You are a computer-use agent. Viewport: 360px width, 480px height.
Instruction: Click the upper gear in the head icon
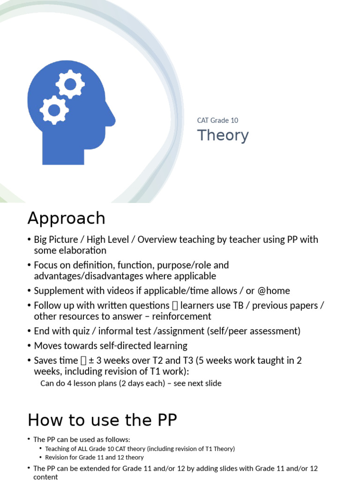70,85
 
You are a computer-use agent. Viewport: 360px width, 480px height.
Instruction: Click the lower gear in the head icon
54,110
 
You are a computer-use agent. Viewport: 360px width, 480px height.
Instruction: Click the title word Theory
223,135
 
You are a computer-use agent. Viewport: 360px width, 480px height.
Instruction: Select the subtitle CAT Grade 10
217,120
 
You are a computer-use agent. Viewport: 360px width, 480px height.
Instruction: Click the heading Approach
66,218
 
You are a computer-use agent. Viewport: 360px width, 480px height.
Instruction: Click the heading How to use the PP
102,420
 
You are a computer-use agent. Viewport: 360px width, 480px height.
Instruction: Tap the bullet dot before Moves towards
29,346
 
